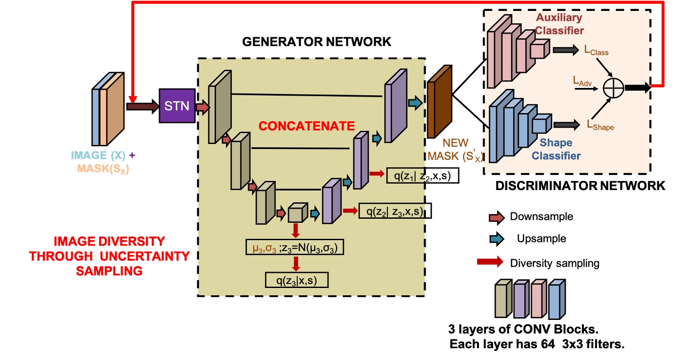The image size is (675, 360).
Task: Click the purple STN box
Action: (x=177, y=106)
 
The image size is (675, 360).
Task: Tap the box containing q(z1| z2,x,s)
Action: (x=422, y=175)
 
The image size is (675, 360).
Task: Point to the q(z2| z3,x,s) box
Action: (x=395, y=211)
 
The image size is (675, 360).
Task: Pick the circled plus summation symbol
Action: (x=613, y=88)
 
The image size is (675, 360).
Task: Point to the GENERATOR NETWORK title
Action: (x=316, y=41)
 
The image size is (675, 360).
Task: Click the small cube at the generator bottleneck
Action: (x=297, y=212)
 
